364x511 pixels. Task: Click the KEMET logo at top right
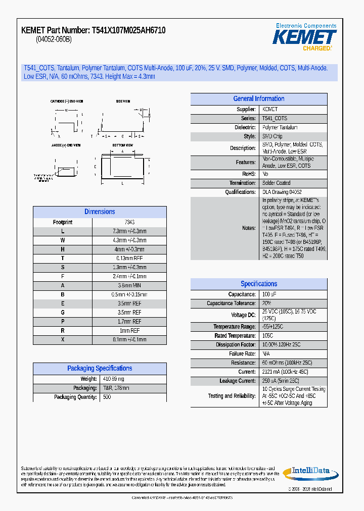click(x=304, y=37)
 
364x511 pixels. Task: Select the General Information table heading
click(x=258, y=99)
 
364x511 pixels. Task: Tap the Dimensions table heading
click(x=100, y=212)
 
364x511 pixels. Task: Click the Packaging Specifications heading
click(x=100, y=369)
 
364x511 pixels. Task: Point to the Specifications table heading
click(x=258, y=284)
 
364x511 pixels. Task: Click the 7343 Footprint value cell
click(x=129, y=222)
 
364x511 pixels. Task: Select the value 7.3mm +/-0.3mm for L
click(x=129, y=231)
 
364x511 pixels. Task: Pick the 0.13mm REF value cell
click(x=129, y=259)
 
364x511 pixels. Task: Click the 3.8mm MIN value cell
click(x=129, y=285)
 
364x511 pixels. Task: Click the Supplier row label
click(x=246, y=110)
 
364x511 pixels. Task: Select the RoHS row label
click(x=248, y=174)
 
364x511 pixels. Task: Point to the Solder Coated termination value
click(x=276, y=183)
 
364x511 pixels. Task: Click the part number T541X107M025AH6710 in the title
click(x=128, y=31)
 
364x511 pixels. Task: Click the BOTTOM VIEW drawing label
click(x=123, y=145)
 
